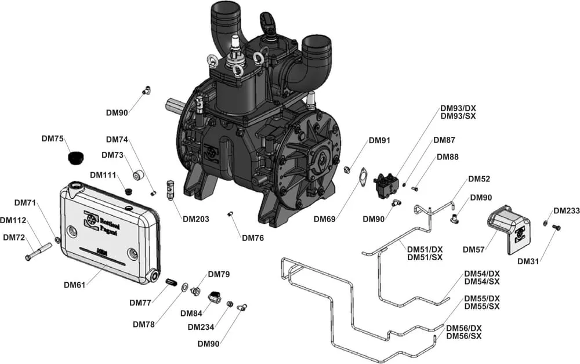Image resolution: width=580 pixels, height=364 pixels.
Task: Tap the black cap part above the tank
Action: (x=75, y=158)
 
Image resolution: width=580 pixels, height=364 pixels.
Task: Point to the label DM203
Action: (x=195, y=219)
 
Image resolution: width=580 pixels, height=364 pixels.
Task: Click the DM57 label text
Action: (x=474, y=250)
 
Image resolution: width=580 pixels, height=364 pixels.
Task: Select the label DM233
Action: (x=566, y=211)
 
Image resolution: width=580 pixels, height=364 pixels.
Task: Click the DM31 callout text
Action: (x=528, y=261)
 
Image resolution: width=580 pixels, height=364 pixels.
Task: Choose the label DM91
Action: (x=380, y=140)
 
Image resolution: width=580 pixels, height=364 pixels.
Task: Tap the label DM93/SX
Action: (x=458, y=117)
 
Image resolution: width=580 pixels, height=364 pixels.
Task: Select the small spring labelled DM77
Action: (x=171, y=282)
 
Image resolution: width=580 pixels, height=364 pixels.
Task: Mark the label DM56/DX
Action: (x=463, y=328)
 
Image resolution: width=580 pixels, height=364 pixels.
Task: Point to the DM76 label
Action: (x=253, y=238)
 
